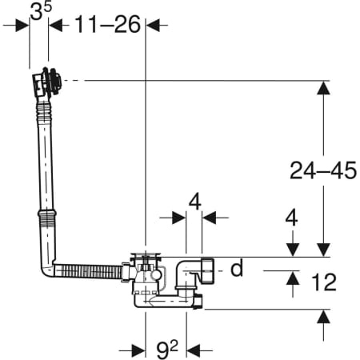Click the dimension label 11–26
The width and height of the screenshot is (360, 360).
[107, 24]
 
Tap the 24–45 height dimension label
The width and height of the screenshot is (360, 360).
[323, 170]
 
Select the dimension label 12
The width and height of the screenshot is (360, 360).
[324, 282]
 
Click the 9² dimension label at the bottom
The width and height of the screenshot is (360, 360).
[167, 350]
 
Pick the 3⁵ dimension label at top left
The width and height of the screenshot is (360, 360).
[41, 11]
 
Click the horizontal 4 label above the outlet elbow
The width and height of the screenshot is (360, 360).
[195, 202]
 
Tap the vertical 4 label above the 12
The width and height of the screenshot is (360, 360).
[291, 218]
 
